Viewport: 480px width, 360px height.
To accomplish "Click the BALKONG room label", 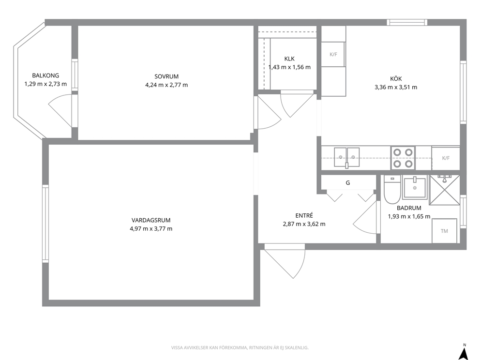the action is pyautogui.click(x=45, y=75).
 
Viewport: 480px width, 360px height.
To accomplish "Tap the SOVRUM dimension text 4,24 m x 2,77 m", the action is pyautogui.click(x=166, y=85).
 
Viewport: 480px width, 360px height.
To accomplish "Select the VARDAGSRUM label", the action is pyautogui.click(x=151, y=220).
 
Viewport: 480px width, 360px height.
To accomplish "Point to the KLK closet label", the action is pyautogui.click(x=289, y=59).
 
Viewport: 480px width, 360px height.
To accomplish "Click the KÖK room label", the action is pyautogui.click(x=396, y=79).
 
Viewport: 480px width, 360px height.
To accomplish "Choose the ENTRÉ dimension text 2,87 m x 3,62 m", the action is pyautogui.click(x=304, y=224).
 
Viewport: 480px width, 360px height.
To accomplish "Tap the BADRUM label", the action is pyautogui.click(x=409, y=208).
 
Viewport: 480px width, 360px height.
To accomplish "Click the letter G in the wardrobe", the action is pyautogui.click(x=348, y=183).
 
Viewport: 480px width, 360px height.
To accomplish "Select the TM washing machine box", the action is pyautogui.click(x=444, y=231).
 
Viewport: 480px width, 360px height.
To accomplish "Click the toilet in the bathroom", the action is pyautogui.click(x=392, y=190).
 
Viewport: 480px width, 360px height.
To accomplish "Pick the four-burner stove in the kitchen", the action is pyautogui.click(x=403, y=158).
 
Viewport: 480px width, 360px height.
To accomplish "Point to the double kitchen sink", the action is pyautogui.click(x=346, y=157).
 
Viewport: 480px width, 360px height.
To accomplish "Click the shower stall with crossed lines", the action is pyautogui.click(x=445, y=190).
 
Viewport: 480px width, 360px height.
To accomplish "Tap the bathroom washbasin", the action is pyautogui.click(x=415, y=187).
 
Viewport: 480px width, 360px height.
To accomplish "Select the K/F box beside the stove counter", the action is pyautogui.click(x=446, y=158).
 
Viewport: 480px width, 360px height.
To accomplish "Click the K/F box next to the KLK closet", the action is pyautogui.click(x=333, y=55).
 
